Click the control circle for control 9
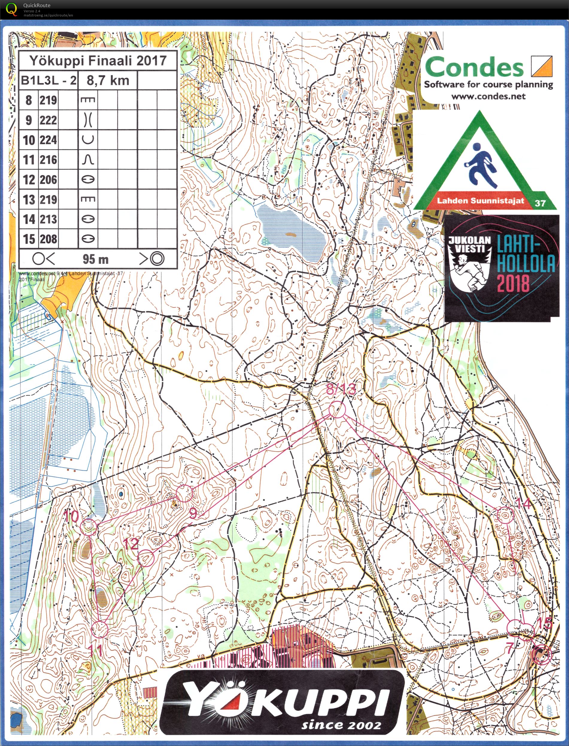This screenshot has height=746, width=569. [x=184, y=493]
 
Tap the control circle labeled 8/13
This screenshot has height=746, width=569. [x=337, y=409]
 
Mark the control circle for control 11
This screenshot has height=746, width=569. [x=100, y=630]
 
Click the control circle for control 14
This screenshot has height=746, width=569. [x=505, y=515]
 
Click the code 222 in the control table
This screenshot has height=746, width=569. [x=48, y=120]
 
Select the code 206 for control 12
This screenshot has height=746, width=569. [x=48, y=180]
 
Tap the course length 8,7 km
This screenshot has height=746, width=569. [x=108, y=81]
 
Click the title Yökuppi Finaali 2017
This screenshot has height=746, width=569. [x=98, y=61]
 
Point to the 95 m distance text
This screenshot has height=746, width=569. [x=95, y=260]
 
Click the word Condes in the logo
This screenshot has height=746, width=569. [x=474, y=67]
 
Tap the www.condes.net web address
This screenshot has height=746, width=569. [x=488, y=96]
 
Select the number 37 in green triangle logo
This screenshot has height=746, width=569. [x=540, y=203]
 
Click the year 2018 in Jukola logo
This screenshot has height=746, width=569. [x=513, y=283]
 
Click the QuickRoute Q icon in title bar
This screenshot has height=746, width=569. [x=11, y=9]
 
